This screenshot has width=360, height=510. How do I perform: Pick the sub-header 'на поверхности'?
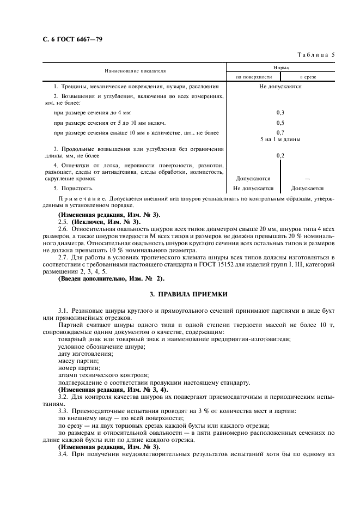(x=253, y=77)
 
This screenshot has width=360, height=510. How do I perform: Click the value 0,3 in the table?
(x=280, y=112)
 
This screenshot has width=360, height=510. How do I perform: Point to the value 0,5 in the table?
(x=280, y=123)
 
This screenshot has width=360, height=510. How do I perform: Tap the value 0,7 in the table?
(x=280, y=132)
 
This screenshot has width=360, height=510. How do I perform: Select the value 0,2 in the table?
(x=280, y=155)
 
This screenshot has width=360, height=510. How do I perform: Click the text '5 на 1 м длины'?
(x=280, y=139)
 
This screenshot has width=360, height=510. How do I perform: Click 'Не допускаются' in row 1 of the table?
(x=280, y=86)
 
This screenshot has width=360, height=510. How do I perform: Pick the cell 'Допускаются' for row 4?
(x=253, y=178)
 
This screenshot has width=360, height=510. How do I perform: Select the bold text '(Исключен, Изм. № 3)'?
(x=99, y=222)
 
